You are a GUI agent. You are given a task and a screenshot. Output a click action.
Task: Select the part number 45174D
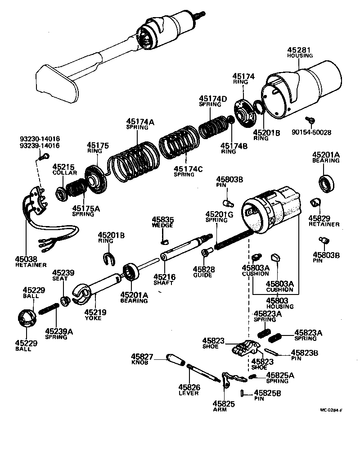213,98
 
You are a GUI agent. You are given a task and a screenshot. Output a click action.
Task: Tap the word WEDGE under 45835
162,225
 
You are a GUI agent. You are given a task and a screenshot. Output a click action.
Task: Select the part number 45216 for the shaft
164,276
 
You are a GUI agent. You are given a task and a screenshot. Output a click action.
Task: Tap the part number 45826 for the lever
189,387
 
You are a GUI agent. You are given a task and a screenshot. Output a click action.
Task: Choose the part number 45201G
219,214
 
